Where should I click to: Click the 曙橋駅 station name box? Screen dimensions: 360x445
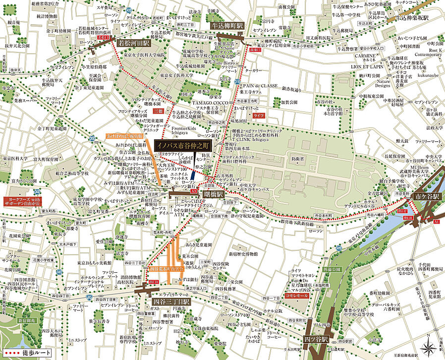[x=213, y=195]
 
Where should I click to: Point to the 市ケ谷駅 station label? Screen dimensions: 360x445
[x=426, y=197]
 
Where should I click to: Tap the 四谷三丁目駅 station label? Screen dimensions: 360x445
[x=171, y=302]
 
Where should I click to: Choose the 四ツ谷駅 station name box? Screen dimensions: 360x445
[x=318, y=340]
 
